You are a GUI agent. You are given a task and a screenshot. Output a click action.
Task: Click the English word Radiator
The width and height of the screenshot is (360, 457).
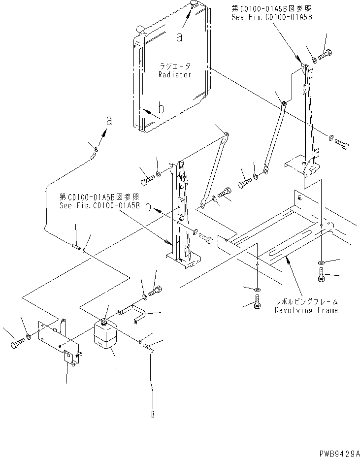(174, 74)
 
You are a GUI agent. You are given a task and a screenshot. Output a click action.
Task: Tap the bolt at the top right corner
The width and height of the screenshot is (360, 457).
(326, 55)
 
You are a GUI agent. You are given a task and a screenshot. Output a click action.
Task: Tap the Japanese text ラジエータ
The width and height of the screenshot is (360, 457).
(174, 66)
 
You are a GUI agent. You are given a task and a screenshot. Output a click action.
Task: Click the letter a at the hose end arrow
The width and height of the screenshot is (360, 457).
(109, 122)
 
